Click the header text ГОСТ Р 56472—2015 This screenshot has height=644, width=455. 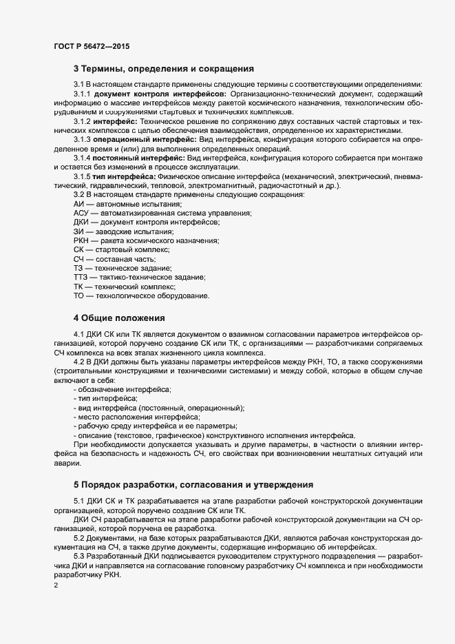click(x=91, y=46)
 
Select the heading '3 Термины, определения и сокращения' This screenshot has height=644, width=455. click(x=164, y=69)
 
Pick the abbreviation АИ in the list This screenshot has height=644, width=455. click(x=78, y=205)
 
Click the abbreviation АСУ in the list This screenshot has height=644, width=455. click(x=81, y=214)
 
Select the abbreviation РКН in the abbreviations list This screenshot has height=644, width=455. click(x=81, y=240)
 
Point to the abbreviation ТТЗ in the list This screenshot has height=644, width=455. click(x=81, y=277)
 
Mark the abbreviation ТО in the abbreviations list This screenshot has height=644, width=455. click(x=78, y=295)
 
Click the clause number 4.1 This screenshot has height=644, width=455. click(x=79, y=335)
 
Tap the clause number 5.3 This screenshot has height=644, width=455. click(x=79, y=556)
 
